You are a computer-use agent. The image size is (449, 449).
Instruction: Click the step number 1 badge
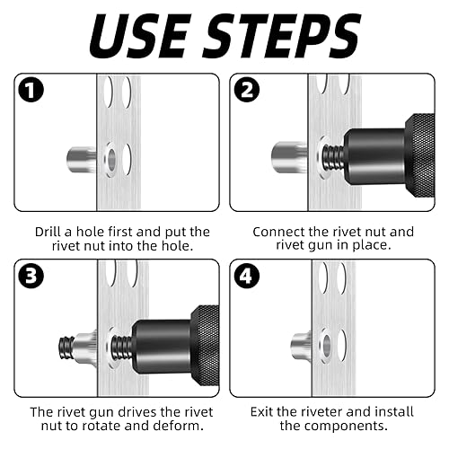click(31, 90)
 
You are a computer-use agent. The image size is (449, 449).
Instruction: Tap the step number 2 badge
click(247, 90)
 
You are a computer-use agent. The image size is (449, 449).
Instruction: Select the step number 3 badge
click(31, 276)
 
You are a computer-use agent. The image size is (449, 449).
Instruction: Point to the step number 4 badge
click(247, 276)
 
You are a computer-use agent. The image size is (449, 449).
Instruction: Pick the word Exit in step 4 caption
click(261, 412)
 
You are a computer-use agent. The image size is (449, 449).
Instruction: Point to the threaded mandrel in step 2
click(332, 157)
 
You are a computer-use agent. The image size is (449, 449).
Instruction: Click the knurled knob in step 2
click(420, 155)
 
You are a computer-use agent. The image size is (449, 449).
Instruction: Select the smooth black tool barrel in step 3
click(162, 348)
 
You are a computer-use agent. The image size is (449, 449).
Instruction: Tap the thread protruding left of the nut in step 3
click(66, 348)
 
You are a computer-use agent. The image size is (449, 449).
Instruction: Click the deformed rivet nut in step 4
click(302, 346)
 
